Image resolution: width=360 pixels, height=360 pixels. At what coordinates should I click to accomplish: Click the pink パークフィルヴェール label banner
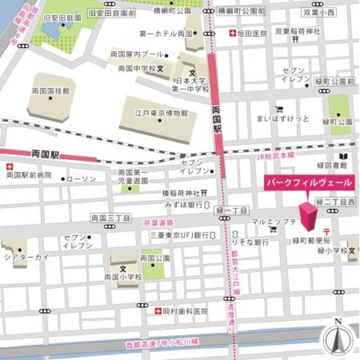coord(310,183)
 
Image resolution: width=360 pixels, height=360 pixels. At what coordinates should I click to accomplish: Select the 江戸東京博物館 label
coord(161,113)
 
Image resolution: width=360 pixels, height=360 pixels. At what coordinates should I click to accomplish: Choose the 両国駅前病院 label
coord(29,175)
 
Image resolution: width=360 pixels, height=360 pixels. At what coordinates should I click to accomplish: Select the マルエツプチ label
coord(273,221)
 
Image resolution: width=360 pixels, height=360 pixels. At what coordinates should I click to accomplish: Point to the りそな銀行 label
coord(250,242)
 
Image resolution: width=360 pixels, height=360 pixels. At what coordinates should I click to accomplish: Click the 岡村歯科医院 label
coord(185,311)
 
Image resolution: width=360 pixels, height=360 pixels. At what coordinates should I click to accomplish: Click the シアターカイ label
coord(27,257)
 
